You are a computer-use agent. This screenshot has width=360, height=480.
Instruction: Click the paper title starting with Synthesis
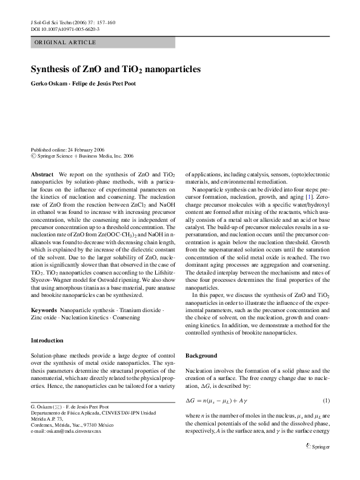point(116,70)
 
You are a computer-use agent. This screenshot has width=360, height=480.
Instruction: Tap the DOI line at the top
point(65,29)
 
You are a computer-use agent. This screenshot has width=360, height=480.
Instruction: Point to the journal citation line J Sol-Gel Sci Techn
point(72,22)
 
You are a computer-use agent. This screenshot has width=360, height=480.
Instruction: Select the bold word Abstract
point(42,174)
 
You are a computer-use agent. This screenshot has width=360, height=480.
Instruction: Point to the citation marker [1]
point(309,198)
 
